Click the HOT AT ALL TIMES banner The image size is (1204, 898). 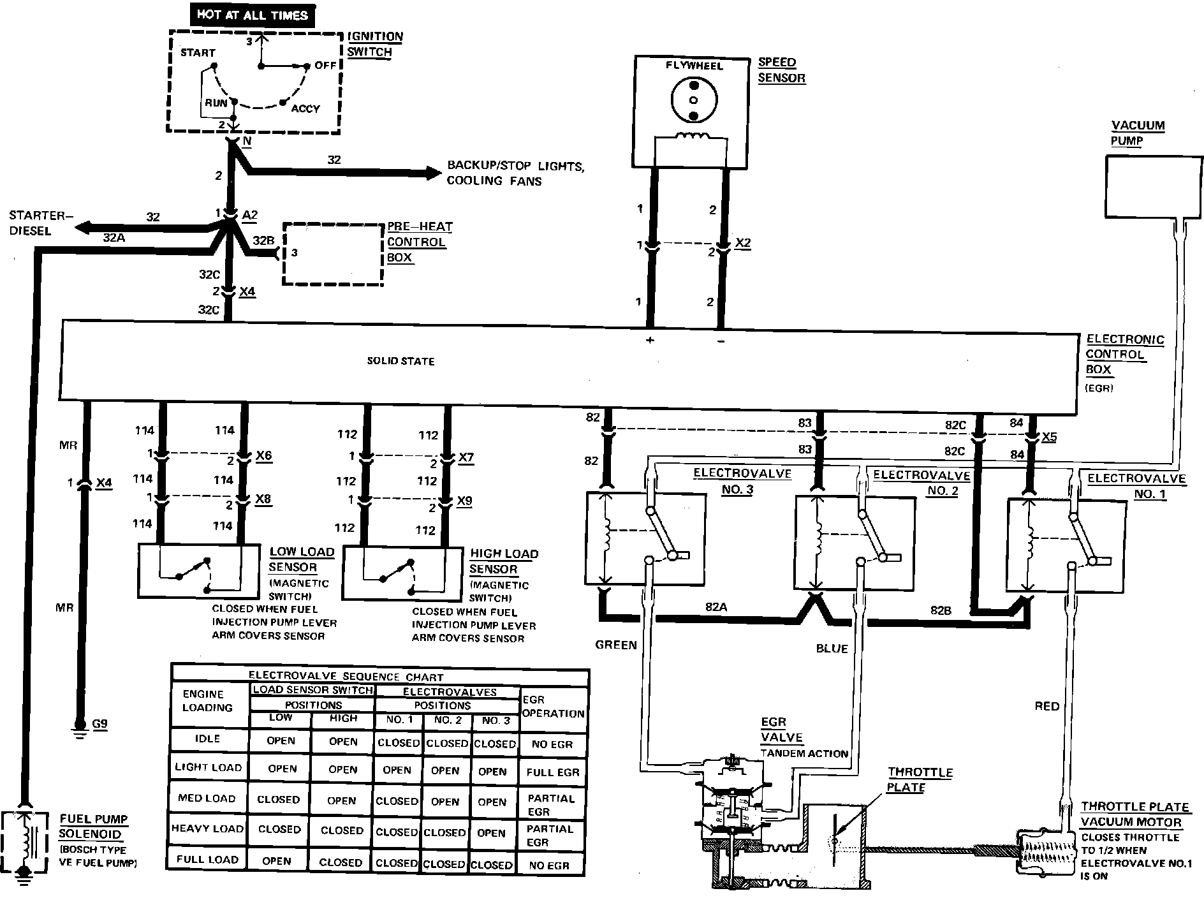point(253,15)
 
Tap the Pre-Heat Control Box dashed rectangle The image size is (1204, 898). point(333,253)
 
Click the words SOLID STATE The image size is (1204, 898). point(400,361)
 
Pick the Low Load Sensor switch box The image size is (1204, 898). point(199,570)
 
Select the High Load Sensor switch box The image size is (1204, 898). point(402,573)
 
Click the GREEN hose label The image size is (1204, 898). point(616,645)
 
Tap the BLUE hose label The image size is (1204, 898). point(832,649)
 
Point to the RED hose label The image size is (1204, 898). point(1047,706)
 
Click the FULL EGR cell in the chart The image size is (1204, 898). point(552,772)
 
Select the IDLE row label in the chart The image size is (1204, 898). point(208,739)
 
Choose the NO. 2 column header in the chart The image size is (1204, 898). point(448,720)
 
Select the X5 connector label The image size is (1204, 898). point(1048,438)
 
